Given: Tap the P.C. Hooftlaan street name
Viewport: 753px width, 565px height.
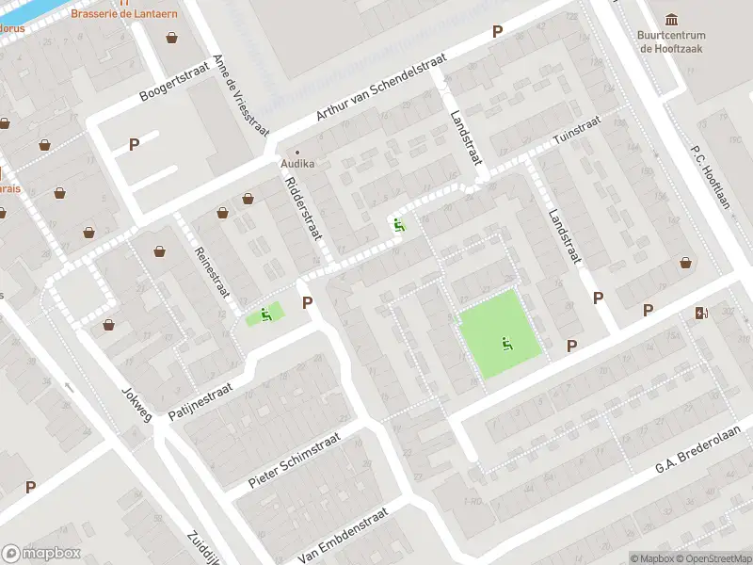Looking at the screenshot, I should pyautogui.click(x=711, y=179).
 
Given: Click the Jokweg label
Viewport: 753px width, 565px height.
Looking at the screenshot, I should pyautogui.click(x=136, y=402).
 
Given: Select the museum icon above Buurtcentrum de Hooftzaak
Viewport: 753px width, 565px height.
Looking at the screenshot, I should pyautogui.click(x=672, y=20).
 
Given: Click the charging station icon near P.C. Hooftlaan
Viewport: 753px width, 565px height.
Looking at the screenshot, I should pyautogui.click(x=701, y=313).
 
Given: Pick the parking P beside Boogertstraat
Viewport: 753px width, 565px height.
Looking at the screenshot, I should pyautogui.click(x=134, y=144).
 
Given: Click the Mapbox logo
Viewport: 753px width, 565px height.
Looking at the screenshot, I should pyautogui.click(x=41, y=553).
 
